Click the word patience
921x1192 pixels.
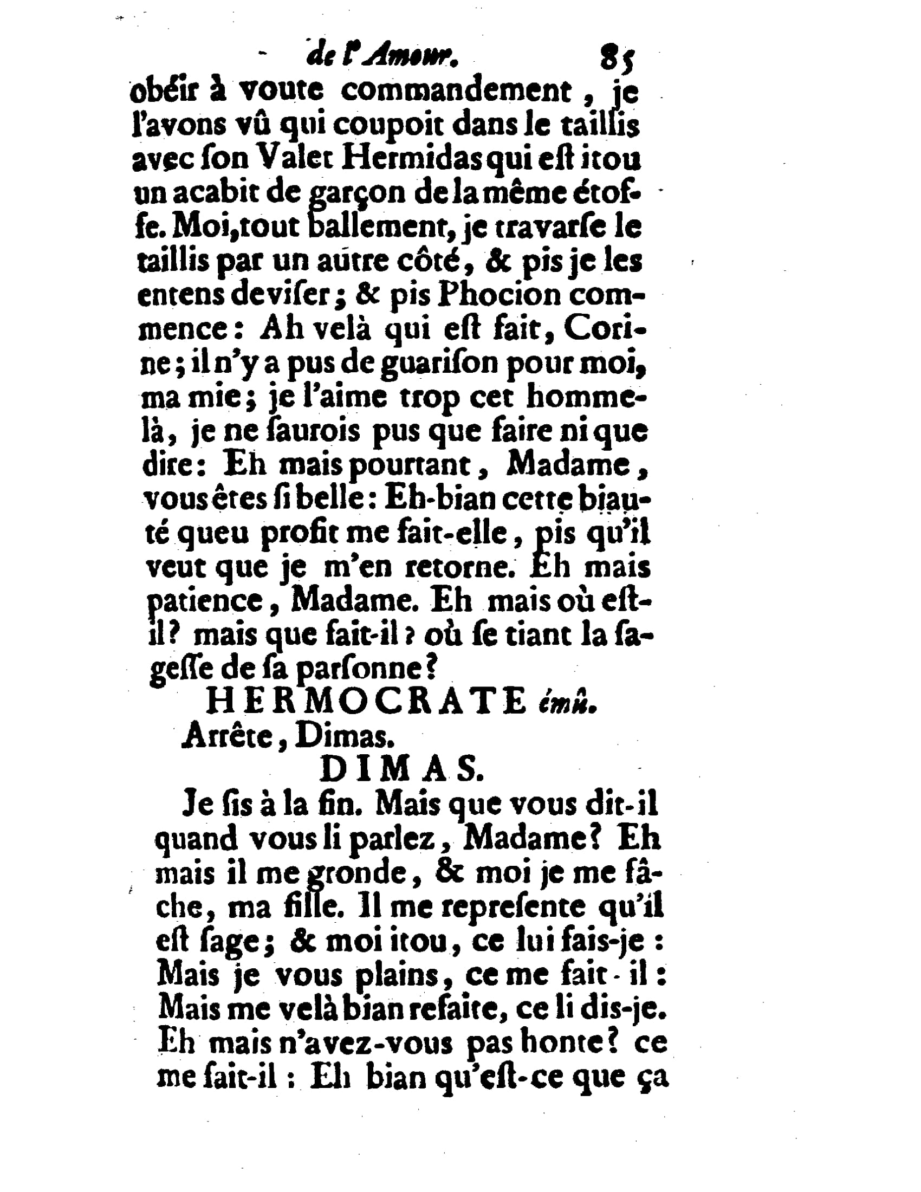click(213, 603)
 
